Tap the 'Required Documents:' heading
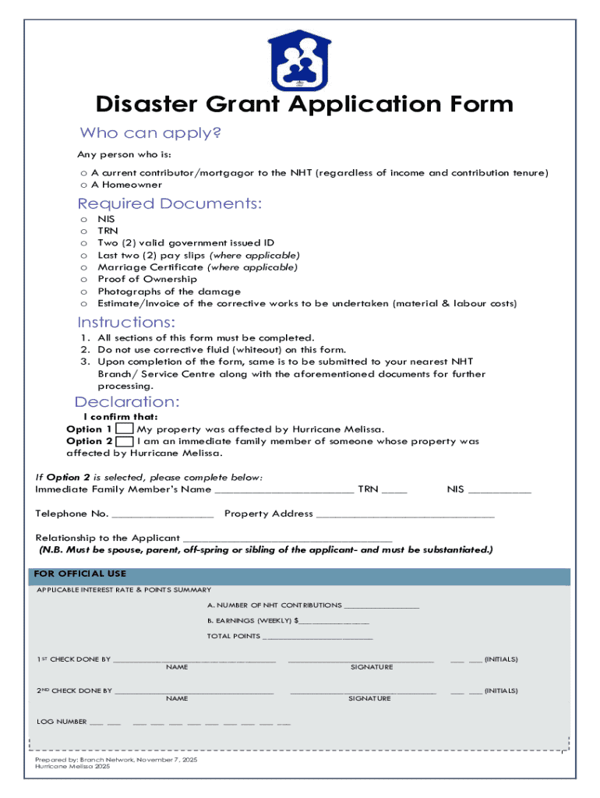(170, 204)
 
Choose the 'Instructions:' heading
(126, 323)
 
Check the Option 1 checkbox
(123, 429)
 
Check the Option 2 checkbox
(123, 441)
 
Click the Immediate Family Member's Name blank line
(284, 491)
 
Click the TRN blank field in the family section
(394, 491)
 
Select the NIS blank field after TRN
(499, 491)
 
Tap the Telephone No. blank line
(163, 515)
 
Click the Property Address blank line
(405, 515)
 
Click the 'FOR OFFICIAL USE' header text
(80, 574)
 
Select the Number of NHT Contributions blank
(381, 606)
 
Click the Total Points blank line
(318, 637)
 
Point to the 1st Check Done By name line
(195, 661)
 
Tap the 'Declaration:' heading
(127, 402)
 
